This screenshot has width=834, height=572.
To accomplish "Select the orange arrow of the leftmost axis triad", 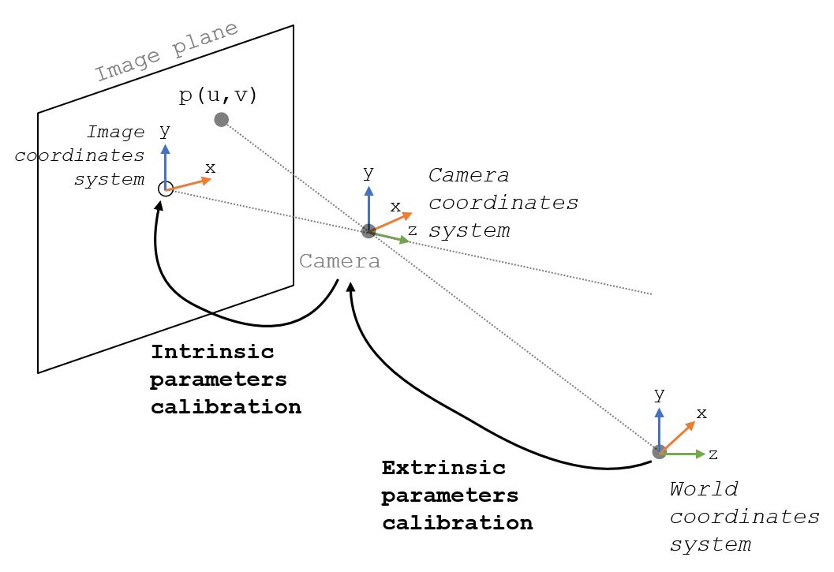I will pyautogui.click(x=191, y=185).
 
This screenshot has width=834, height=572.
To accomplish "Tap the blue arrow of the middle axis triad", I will pyautogui.click(x=368, y=205).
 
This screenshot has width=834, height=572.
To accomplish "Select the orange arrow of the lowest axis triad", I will pyautogui.click(x=679, y=436).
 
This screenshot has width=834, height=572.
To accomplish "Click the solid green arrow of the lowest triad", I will pyautogui.click(x=683, y=454).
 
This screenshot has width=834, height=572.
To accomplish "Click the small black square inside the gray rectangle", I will pyautogui.click(x=307, y=261).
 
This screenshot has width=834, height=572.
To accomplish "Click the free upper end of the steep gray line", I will pyautogui.click(x=229, y=124).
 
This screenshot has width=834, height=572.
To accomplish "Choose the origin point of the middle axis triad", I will pyautogui.click(x=368, y=230).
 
